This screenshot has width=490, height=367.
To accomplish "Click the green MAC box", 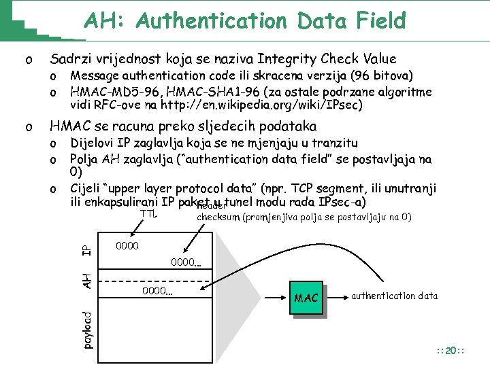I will pos(306,298).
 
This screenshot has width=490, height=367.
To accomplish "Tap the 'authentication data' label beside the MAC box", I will pos(394,296).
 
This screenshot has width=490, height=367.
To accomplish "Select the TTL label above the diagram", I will pos(148,214).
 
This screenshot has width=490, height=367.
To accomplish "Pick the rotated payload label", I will pos(86,329).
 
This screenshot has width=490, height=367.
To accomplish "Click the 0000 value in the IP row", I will pos(128,245).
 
